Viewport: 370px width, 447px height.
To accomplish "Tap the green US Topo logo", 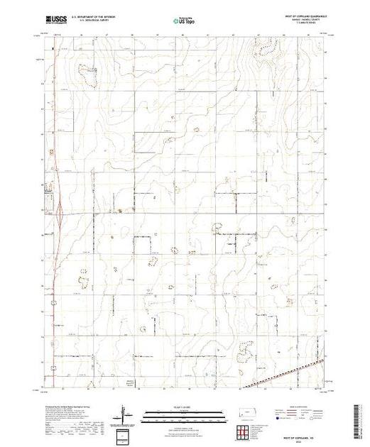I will click(183, 18).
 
